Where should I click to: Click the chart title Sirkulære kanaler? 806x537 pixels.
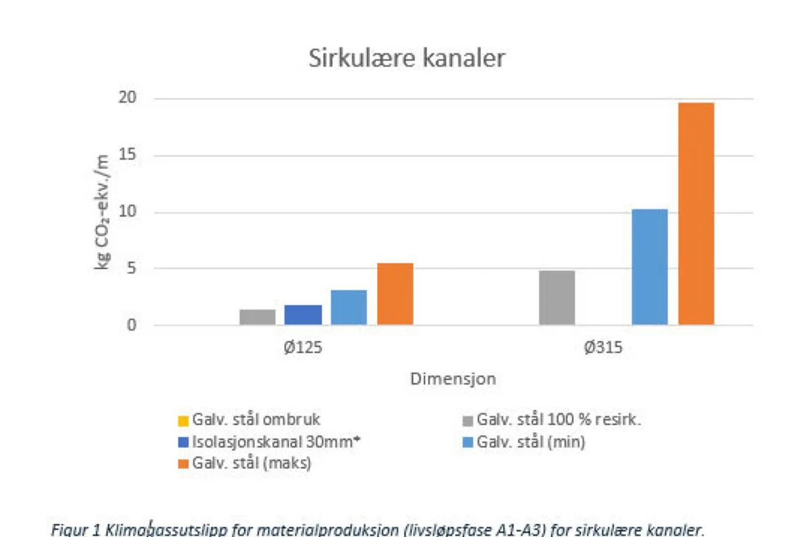click(407, 58)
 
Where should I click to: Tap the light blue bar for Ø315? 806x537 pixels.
click(650, 267)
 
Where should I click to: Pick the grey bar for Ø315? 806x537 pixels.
click(557, 297)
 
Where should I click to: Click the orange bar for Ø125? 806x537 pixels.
click(395, 294)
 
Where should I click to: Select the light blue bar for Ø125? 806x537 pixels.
click(349, 308)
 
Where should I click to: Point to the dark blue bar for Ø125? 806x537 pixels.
click(303, 315)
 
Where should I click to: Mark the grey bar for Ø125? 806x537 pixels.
click(257, 317)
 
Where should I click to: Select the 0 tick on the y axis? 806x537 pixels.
click(132, 325)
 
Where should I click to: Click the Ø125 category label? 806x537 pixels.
click(303, 349)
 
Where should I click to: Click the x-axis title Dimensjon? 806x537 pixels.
click(453, 379)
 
